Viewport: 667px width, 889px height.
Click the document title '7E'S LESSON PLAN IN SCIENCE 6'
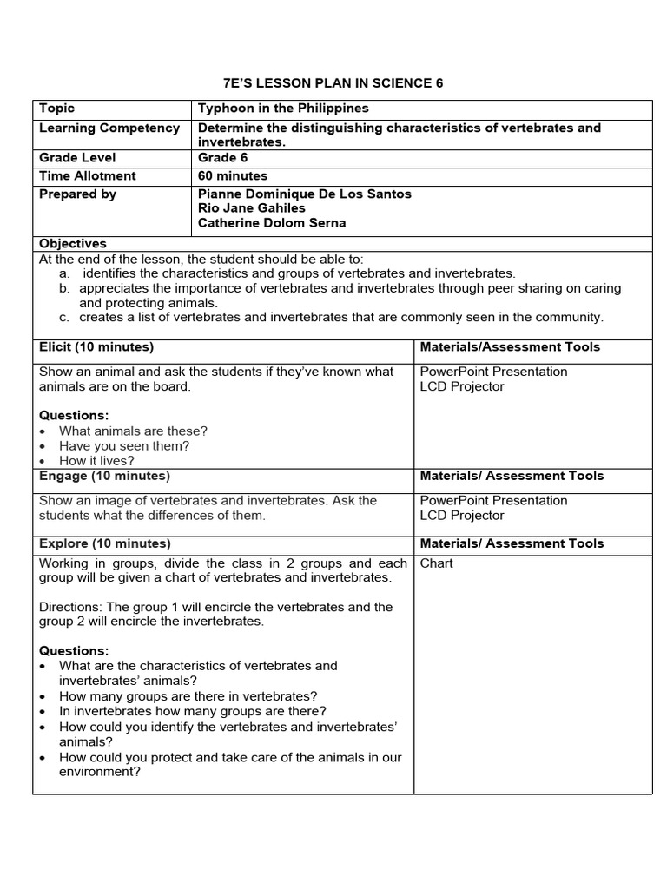333,83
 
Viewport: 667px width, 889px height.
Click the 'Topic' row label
57,109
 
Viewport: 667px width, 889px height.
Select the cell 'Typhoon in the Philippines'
283,109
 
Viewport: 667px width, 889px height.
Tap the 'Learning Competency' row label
109,128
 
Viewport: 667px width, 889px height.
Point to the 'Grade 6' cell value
218,157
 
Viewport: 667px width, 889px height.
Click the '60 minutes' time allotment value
233,175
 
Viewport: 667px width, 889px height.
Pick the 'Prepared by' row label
77,194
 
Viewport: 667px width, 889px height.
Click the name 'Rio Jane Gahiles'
252,208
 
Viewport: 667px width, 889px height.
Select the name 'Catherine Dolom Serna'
272,223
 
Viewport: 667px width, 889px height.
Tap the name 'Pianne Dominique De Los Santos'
304,194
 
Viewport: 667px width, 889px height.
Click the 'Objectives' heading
73,244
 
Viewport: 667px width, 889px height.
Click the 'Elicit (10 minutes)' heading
96,346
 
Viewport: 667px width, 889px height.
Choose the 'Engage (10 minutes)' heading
104,476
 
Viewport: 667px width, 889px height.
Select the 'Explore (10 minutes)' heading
105,543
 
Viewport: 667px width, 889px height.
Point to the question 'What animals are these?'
133,431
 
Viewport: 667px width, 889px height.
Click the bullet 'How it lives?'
96,461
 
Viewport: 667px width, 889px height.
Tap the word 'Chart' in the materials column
437,563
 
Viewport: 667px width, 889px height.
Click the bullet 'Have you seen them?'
124,446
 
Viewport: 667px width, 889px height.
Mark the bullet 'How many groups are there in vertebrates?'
188,696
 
